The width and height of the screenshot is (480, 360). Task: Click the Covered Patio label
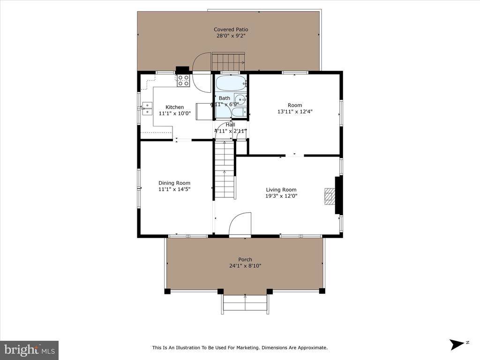point(231,30)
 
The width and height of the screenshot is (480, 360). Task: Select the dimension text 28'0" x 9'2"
point(231,36)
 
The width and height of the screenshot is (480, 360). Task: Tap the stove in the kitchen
point(183,81)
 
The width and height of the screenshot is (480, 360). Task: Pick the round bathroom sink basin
point(240,99)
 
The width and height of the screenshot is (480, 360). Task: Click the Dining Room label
point(174,183)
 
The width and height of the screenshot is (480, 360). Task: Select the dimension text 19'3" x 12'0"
point(281,196)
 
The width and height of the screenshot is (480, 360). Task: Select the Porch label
point(245,259)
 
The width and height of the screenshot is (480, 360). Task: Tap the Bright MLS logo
point(29,350)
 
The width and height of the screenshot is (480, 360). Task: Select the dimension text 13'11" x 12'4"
point(295,112)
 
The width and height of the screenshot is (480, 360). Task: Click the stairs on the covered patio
point(229,61)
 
